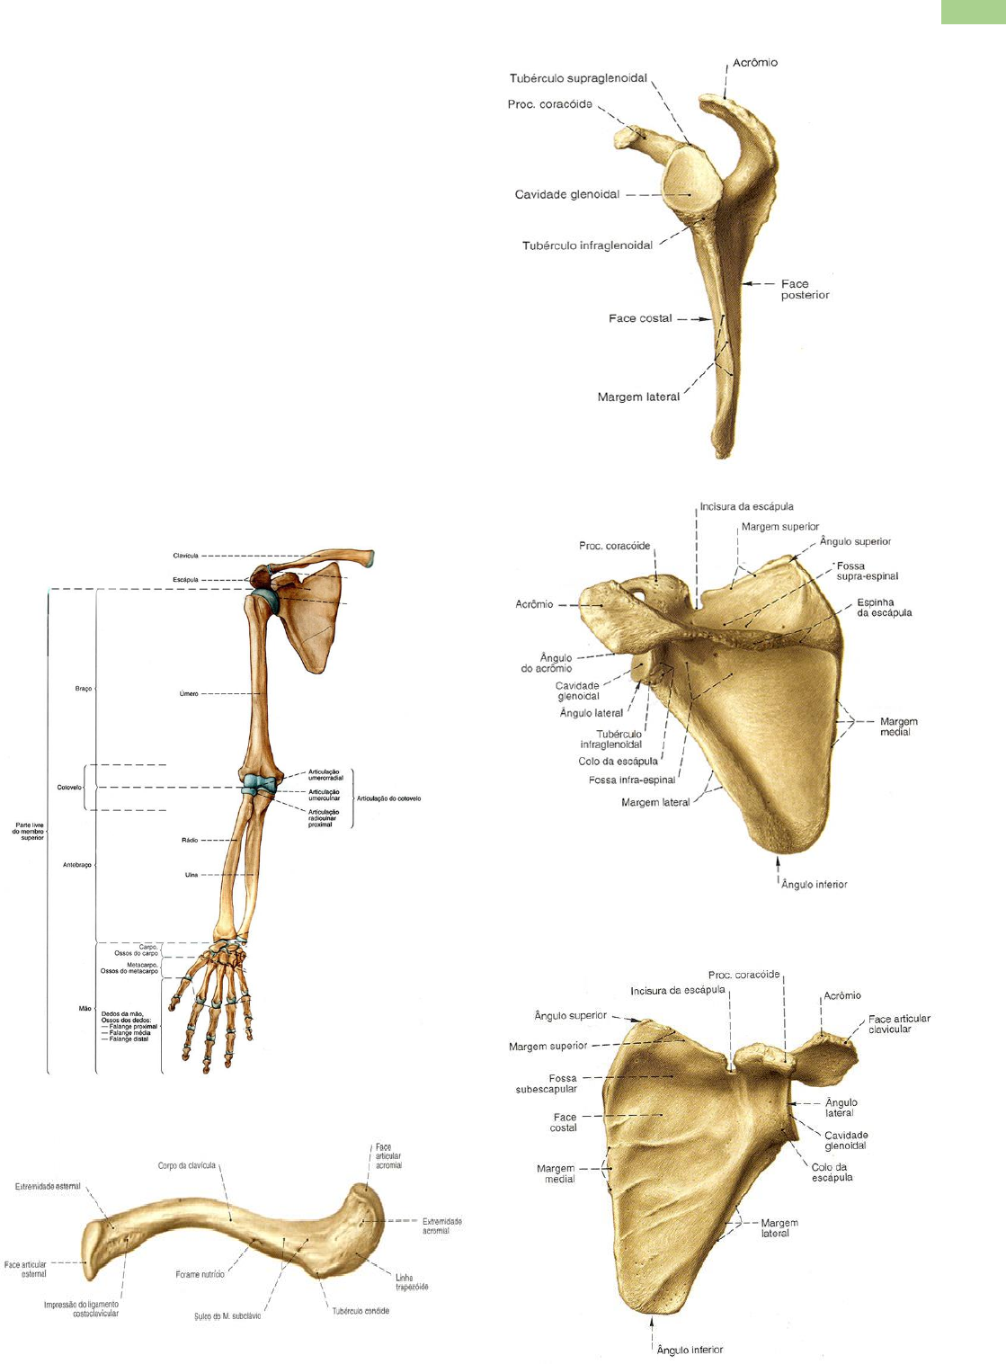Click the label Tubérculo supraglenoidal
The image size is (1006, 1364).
tap(578, 78)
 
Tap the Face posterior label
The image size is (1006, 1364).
tap(804, 290)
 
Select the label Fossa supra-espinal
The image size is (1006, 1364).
tap(867, 571)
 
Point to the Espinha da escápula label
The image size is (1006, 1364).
tap(884, 608)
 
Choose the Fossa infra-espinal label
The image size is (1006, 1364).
tap(631, 780)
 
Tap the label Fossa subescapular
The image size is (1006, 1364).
tap(547, 1083)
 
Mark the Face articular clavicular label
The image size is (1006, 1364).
tap(899, 1024)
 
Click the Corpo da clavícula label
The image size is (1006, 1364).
tap(187, 1165)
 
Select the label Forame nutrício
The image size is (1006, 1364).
tap(200, 1274)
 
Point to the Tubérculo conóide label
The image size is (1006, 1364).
tap(361, 1311)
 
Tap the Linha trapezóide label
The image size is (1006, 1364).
tap(412, 1282)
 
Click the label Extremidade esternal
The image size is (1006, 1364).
tap(48, 1186)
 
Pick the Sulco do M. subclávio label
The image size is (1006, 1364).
tap(227, 1316)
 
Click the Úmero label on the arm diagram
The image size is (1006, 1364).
tap(189, 694)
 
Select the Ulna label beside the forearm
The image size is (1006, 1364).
tap(191, 875)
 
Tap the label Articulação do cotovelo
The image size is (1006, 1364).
tap(388, 798)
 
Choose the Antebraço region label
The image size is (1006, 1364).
tap(77, 865)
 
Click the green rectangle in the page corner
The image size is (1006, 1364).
tap(973, 11)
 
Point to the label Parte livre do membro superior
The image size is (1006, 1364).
tap(28, 831)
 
